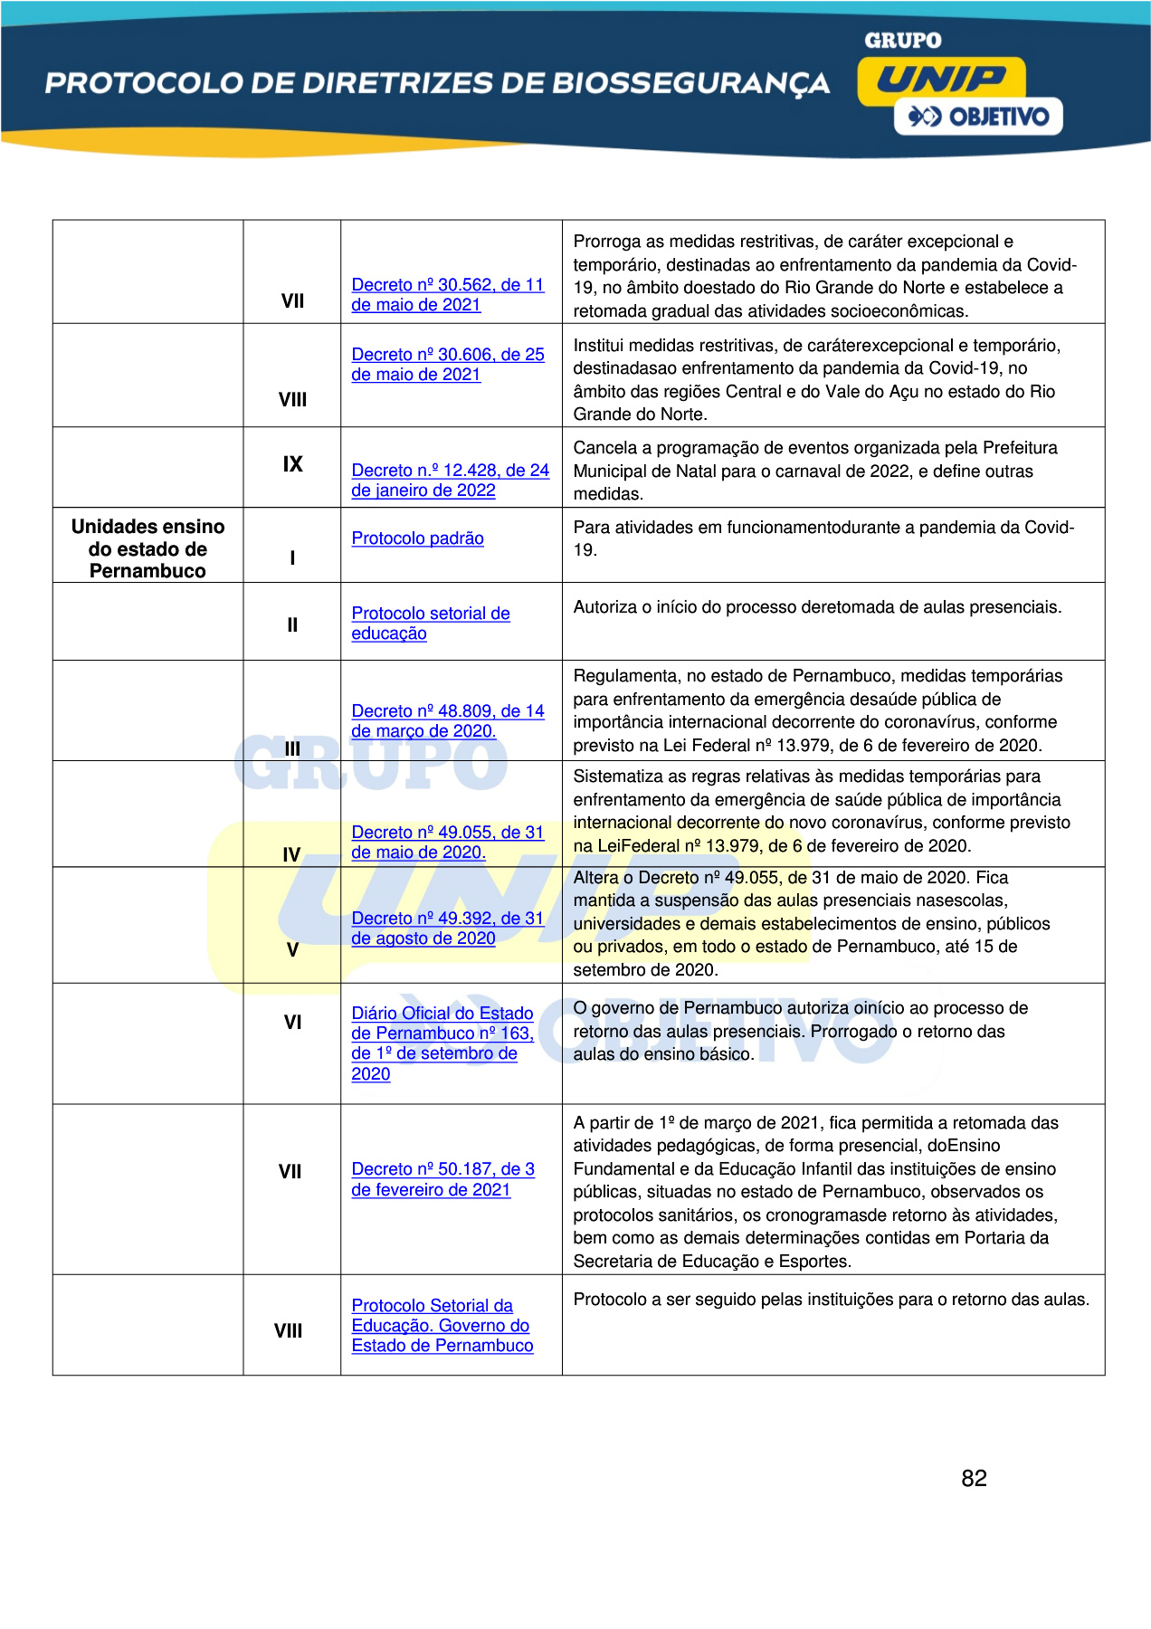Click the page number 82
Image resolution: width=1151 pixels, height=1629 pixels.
974,1478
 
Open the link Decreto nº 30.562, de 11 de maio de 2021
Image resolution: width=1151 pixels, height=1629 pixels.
447,295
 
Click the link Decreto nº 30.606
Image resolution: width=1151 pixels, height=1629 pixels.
447,365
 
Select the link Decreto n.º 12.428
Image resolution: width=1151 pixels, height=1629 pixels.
450,481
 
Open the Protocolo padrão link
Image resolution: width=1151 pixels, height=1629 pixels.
417,538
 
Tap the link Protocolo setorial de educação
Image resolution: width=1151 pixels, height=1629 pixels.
430,624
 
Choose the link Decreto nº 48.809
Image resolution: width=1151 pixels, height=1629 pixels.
447,721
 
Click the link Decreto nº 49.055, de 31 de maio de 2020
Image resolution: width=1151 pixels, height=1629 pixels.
447,843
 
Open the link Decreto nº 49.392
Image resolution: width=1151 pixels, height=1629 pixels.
447,929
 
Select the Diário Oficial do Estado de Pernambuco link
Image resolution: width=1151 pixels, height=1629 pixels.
442,1043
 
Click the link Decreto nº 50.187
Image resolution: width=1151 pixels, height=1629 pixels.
442,1179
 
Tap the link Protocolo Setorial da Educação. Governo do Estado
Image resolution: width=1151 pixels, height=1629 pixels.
442,1326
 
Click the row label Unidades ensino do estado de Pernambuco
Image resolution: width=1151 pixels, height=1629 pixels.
147,548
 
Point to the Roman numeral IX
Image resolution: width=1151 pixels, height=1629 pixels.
292,464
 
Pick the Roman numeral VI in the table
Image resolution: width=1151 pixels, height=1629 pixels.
292,1023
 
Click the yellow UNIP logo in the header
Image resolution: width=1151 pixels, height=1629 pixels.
941,80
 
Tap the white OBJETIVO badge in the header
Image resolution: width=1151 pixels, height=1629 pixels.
978,117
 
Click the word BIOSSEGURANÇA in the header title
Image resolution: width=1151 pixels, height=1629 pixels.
690,83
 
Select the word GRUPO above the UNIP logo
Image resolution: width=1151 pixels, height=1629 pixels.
902,41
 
